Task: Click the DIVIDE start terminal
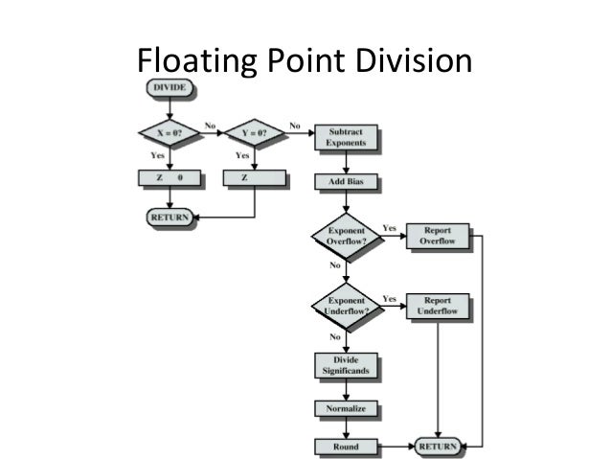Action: click(169, 89)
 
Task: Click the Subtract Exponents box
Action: click(346, 136)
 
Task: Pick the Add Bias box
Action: click(346, 181)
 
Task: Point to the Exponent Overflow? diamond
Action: click(346, 236)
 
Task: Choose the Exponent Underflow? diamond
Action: click(346, 307)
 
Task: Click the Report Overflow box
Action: click(438, 236)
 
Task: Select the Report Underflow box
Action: click(438, 307)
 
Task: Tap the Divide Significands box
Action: click(346, 366)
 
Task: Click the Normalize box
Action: click(346, 408)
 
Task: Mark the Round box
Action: click(346, 447)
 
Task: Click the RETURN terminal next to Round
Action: click(438, 447)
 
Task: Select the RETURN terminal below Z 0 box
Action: click(169, 217)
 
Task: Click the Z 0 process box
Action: click(169, 178)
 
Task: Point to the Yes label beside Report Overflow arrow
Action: click(390, 228)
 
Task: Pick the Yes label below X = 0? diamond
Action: click(157, 155)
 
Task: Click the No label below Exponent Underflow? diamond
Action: click(335, 337)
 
